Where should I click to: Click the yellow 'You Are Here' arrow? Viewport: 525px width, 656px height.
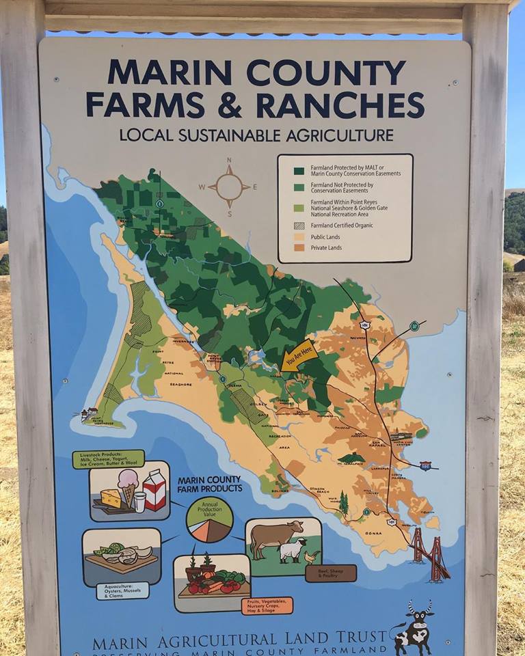[299, 356]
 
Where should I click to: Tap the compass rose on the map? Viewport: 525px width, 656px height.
[229, 186]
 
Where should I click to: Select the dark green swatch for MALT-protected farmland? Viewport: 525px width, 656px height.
[299, 171]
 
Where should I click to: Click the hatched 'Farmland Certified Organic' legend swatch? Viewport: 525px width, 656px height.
[299, 225]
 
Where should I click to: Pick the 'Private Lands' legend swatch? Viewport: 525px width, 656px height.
[299, 249]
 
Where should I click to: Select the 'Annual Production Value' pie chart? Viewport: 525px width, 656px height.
[209, 519]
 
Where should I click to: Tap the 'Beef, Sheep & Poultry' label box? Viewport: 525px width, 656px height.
[331, 573]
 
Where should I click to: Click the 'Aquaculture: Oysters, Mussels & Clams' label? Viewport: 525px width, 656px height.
[122, 590]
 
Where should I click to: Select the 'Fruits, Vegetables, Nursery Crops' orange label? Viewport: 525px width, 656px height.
[267, 605]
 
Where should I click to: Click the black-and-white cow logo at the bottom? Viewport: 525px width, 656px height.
[413, 627]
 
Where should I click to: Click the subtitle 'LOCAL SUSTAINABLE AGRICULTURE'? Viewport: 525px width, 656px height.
[256, 135]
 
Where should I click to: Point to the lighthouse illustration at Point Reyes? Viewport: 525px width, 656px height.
[90, 414]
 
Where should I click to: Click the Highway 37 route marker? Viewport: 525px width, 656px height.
[414, 326]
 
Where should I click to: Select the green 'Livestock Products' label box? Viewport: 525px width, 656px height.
[108, 459]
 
